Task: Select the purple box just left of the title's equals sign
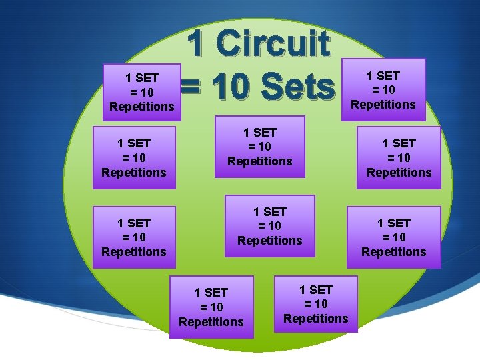point(141,92)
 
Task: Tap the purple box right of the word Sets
point(383,90)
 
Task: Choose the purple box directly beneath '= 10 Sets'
point(259,147)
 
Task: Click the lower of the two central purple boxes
point(269,226)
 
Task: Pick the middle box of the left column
point(133,157)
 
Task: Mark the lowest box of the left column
point(133,237)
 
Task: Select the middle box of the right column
point(399,158)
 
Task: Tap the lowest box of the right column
point(393,237)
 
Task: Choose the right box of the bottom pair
point(315,304)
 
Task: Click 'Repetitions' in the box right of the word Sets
point(383,105)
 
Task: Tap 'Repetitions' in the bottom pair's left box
point(211,322)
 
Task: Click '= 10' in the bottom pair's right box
point(315,304)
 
